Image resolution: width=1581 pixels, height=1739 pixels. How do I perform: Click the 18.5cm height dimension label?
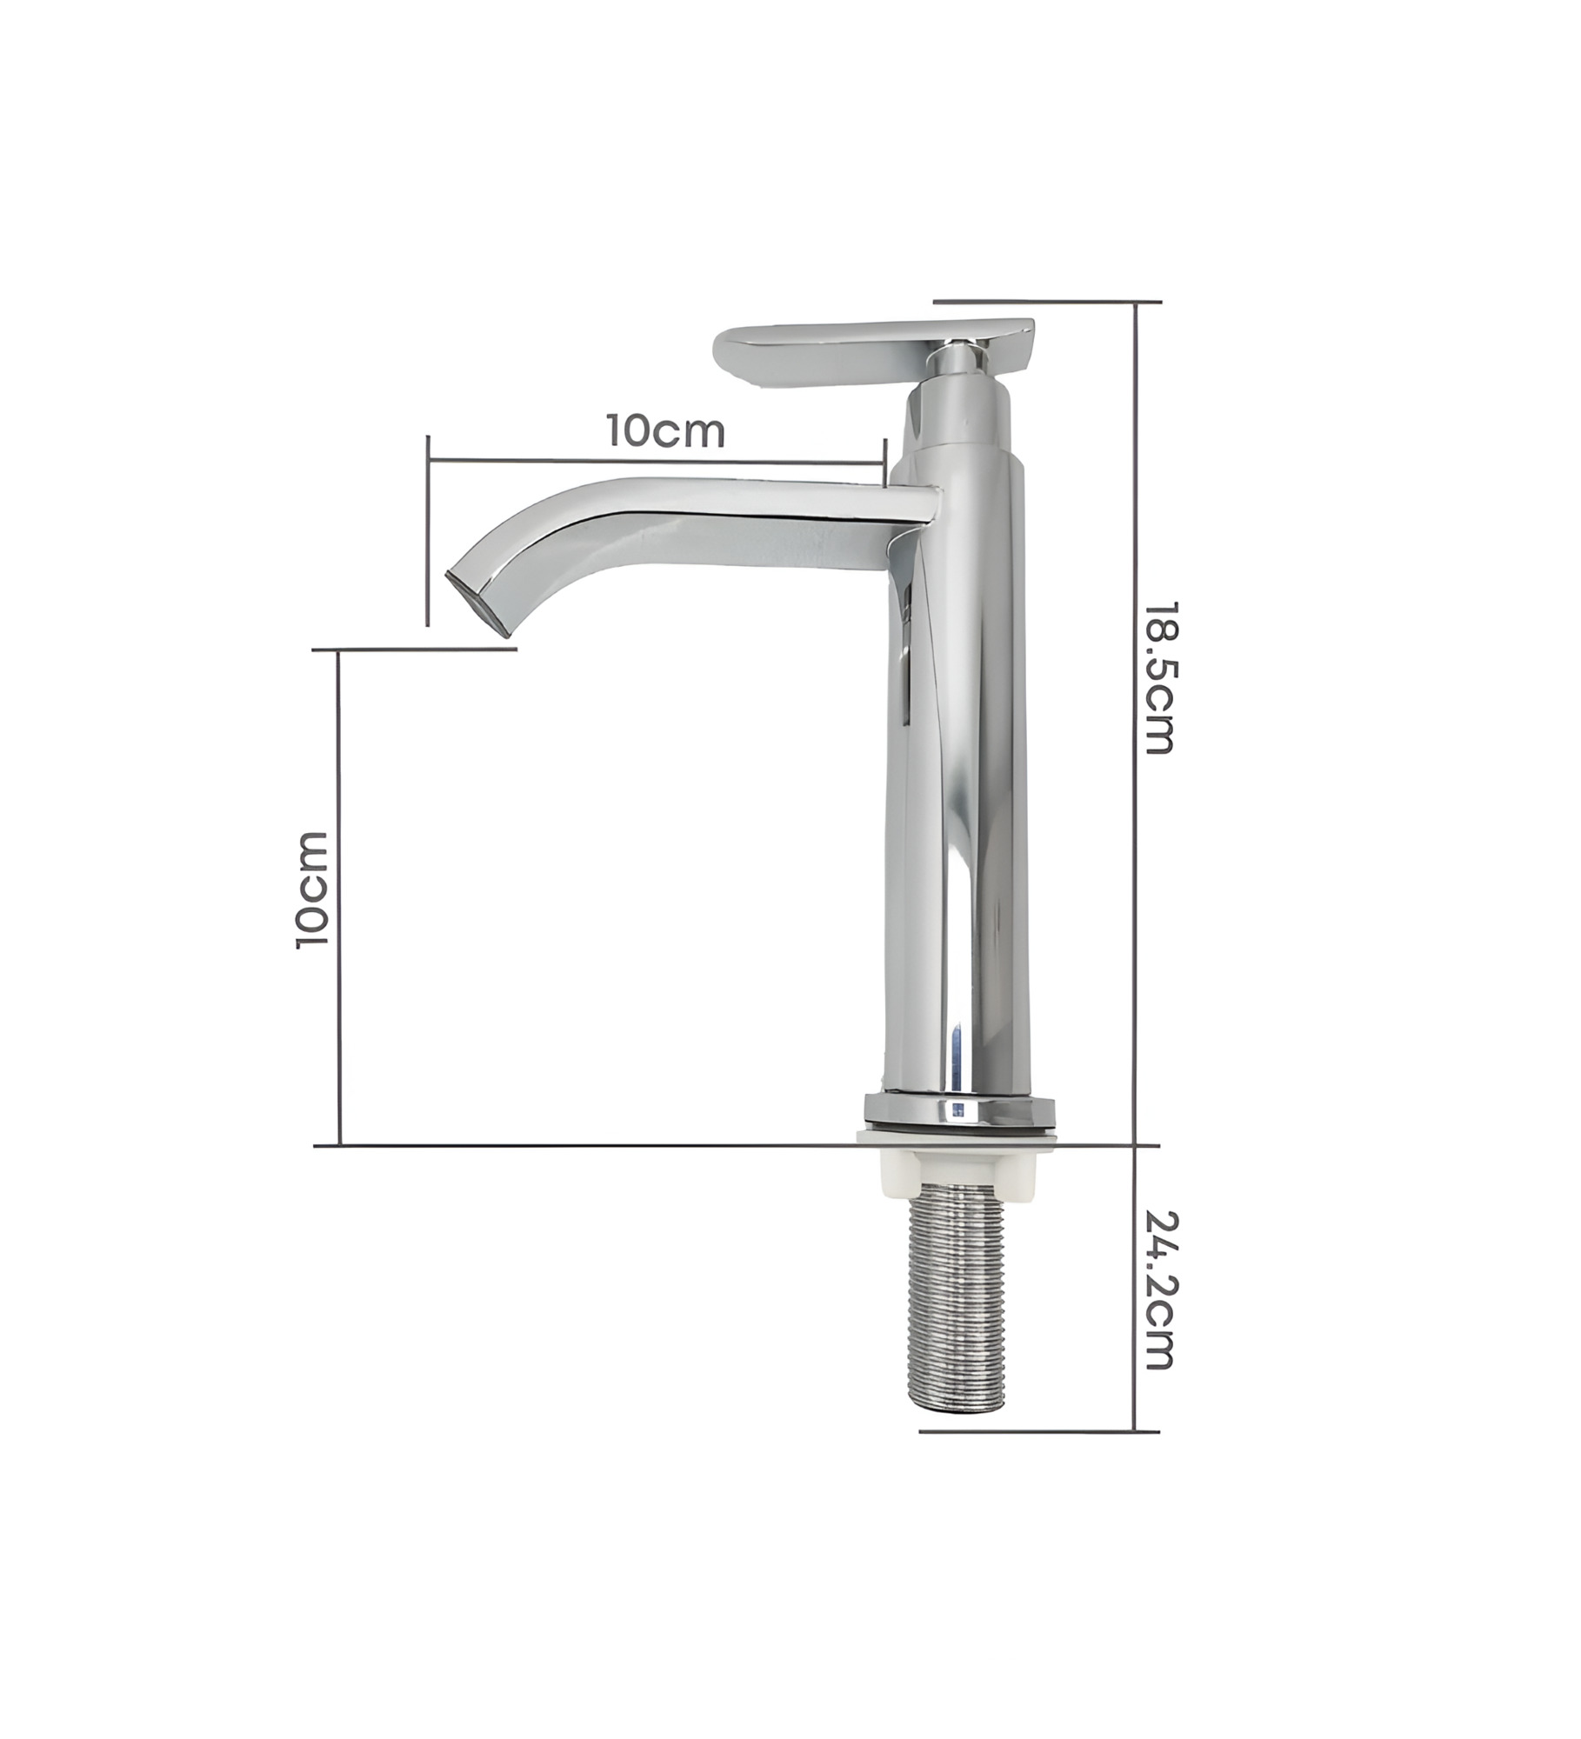pos(1157,677)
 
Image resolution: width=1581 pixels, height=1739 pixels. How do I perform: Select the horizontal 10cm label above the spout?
pos(665,431)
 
